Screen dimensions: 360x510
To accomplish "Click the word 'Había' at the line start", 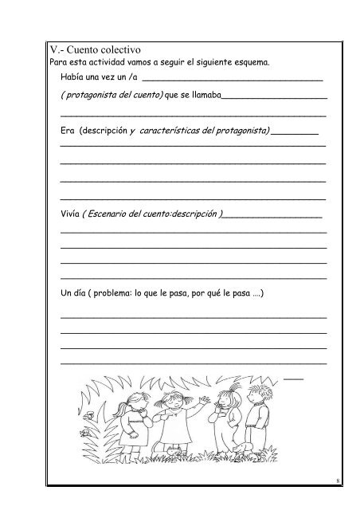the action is [x=72, y=76].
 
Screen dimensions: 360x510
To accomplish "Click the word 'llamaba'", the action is [x=205, y=96].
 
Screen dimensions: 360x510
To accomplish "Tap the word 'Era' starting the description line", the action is [x=68, y=131].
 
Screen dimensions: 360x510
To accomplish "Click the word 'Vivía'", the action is [x=70, y=214].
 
